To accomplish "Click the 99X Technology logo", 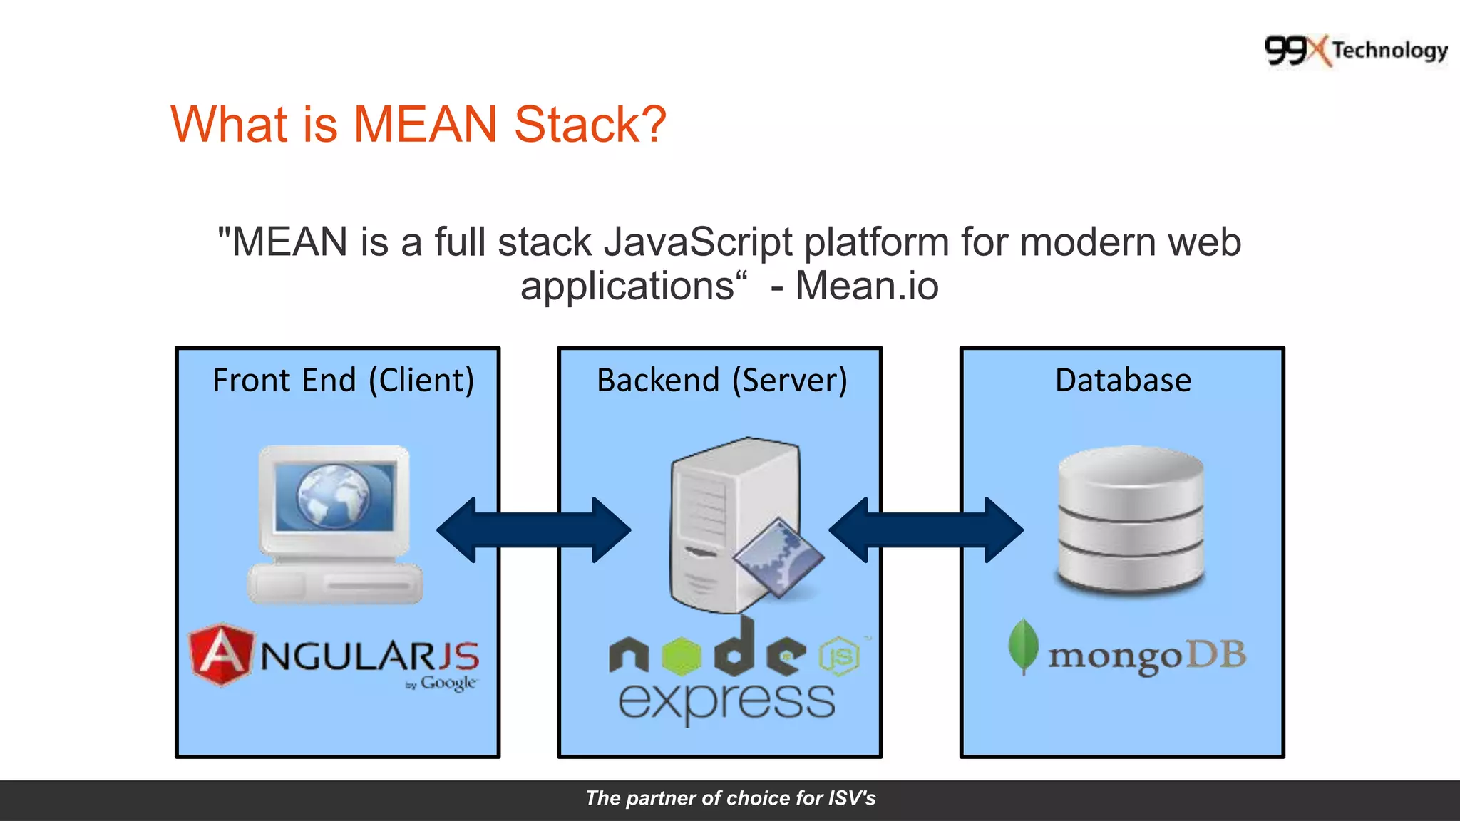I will (1355, 51).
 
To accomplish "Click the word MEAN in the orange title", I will (425, 125).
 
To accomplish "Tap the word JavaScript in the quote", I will (698, 242).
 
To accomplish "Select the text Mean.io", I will (866, 286).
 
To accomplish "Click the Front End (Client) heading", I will (343, 381).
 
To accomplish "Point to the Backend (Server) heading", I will (721, 381).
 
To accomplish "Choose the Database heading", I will (1123, 381).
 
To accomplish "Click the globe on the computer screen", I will (334, 495).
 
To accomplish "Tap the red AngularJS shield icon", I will (221, 654).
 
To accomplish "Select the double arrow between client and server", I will (533, 530).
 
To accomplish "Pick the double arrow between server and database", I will (925, 530).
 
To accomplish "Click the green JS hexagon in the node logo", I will (839, 656).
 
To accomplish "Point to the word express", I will (726, 701).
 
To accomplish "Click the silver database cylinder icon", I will (1131, 519).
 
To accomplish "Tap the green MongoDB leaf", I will (1023, 646).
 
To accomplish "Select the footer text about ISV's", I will (730, 798).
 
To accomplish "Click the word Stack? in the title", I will (590, 125).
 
